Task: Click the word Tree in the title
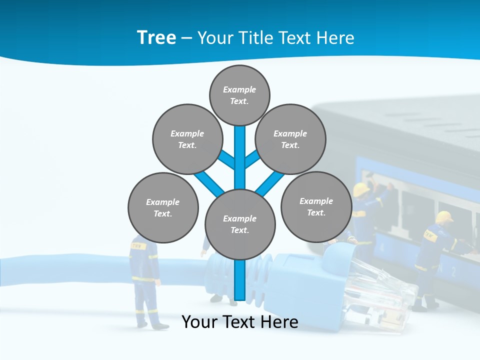click(x=156, y=38)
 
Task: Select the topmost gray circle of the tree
click(x=239, y=95)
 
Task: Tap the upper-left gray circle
click(x=187, y=139)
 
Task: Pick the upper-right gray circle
click(x=290, y=139)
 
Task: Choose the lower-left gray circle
click(x=163, y=207)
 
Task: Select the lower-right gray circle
click(x=316, y=206)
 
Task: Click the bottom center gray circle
click(x=240, y=224)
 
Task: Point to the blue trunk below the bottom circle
click(x=240, y=280)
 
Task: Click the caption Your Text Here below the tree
click(x=240, y=322)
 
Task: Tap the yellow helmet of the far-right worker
click(x=443, y=217)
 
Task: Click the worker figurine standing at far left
click(x=145, y=280)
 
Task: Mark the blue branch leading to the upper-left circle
click(x=228, y=160)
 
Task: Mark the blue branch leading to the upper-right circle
click(x=252, y=160)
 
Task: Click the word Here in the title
click(x=336, y=38)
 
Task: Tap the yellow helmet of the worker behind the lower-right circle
click(x=361, y=189)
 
